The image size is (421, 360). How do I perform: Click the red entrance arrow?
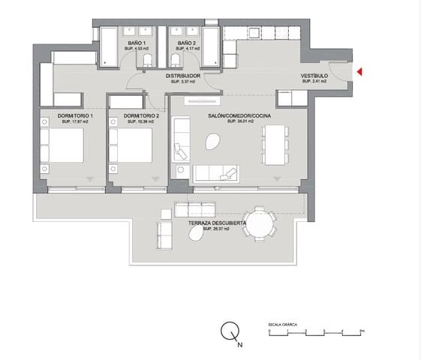(359, 72)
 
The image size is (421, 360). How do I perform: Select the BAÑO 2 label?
(186, 43)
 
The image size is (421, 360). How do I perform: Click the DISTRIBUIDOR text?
(182, 76)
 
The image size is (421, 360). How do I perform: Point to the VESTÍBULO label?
(315, 76)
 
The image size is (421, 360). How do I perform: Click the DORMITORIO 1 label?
(75, 115)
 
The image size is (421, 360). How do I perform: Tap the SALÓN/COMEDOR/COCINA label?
(239, 115)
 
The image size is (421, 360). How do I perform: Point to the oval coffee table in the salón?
(214, 140)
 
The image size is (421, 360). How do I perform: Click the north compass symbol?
(230, 331)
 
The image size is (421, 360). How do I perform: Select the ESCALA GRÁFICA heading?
(283, 323)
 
